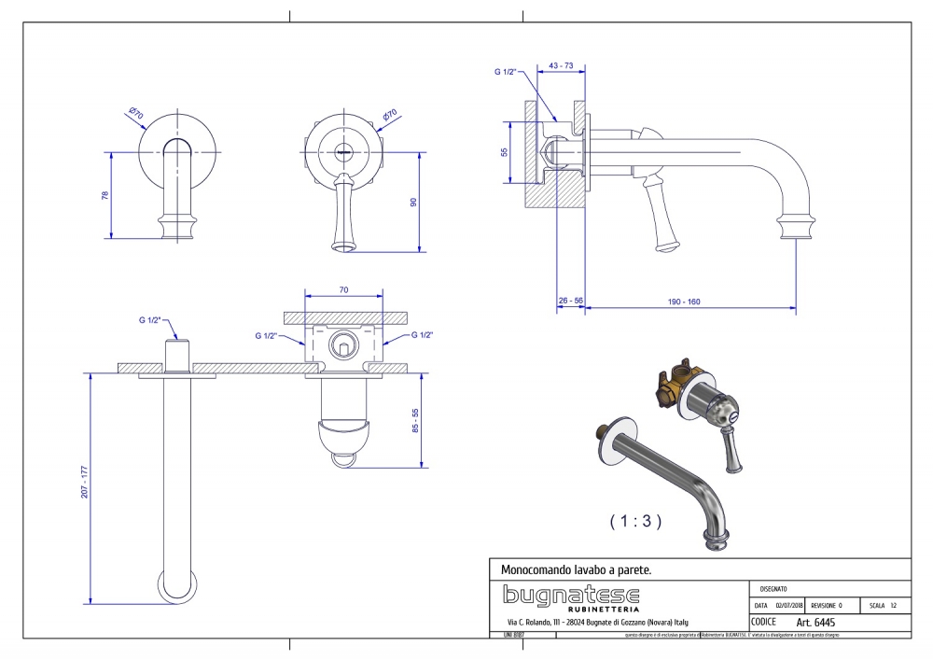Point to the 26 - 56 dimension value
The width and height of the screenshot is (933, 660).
570,302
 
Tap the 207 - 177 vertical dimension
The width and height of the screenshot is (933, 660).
83,481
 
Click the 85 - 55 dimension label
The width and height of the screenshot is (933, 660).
416,422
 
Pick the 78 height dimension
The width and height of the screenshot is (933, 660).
105,196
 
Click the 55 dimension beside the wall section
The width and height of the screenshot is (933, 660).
505,152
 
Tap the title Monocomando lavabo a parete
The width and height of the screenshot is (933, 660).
576,569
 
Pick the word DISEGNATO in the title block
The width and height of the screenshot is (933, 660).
773,589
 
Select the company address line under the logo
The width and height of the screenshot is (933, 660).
597,622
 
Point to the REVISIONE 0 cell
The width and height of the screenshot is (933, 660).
827,605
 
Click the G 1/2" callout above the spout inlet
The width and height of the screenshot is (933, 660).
150,320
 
